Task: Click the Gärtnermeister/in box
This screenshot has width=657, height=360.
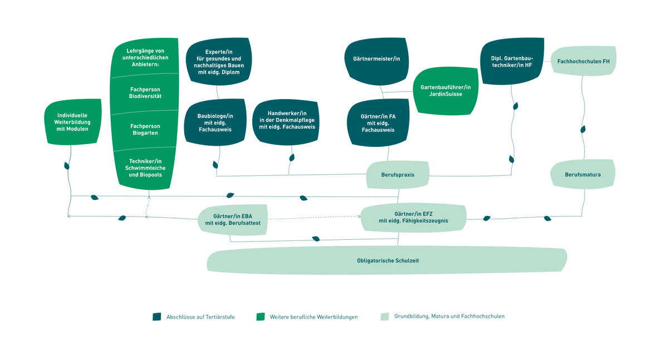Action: (376, 61)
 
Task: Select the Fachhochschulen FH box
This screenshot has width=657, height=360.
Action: (584, 61)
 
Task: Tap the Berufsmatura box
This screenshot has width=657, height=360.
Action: (582, 174)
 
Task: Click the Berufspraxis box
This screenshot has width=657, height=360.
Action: (398, 175)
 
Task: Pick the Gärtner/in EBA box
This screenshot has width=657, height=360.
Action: (233, 219)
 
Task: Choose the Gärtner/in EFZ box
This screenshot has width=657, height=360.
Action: (413, 217)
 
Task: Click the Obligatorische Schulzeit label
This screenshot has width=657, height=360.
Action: (388, 260)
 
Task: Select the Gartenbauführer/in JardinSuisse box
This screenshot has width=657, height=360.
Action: (445, 91)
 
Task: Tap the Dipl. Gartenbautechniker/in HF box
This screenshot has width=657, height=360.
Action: (512, 61)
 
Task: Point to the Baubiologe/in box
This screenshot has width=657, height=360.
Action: (215, 122)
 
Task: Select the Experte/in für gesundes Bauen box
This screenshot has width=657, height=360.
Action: (218, 62)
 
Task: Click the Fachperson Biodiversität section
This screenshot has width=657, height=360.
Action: (145, 93)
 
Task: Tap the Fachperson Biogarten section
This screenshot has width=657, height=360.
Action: (145, 130)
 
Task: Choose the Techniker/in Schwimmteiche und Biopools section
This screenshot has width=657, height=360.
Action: (145, 168)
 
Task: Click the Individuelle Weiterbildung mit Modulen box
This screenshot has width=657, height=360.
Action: (73, 122)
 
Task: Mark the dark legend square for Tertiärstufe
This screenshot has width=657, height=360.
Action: (156, 317)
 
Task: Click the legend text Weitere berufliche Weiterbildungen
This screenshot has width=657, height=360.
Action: (313, 317)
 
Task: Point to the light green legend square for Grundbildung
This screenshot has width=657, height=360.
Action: (385, 317)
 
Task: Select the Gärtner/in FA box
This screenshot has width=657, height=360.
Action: (378, 122)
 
